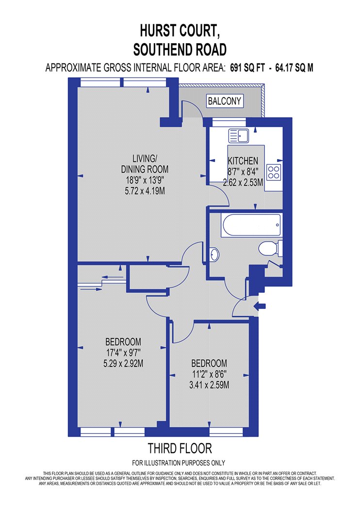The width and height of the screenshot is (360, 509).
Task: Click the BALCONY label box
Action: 225,101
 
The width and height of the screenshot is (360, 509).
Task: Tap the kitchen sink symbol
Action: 239,136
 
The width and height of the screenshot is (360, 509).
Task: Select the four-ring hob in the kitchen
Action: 274,173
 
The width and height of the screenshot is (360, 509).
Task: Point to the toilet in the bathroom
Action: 270,249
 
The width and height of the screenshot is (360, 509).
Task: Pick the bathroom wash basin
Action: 214,254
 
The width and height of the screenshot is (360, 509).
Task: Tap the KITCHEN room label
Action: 243,160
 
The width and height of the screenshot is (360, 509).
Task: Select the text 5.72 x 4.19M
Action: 145,191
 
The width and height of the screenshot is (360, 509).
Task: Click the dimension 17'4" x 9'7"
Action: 123,352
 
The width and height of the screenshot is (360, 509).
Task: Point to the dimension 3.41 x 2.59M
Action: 209,385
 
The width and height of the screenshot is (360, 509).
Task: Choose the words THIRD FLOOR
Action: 180,448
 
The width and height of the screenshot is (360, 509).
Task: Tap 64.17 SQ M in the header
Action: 295,68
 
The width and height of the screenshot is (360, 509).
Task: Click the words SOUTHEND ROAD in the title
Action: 180,49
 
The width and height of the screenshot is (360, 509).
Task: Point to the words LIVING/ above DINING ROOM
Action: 145,159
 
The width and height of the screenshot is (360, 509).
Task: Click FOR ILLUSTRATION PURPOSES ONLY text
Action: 179,463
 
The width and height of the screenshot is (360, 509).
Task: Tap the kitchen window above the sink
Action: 229,122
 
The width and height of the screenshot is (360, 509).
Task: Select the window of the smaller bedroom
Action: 226,432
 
